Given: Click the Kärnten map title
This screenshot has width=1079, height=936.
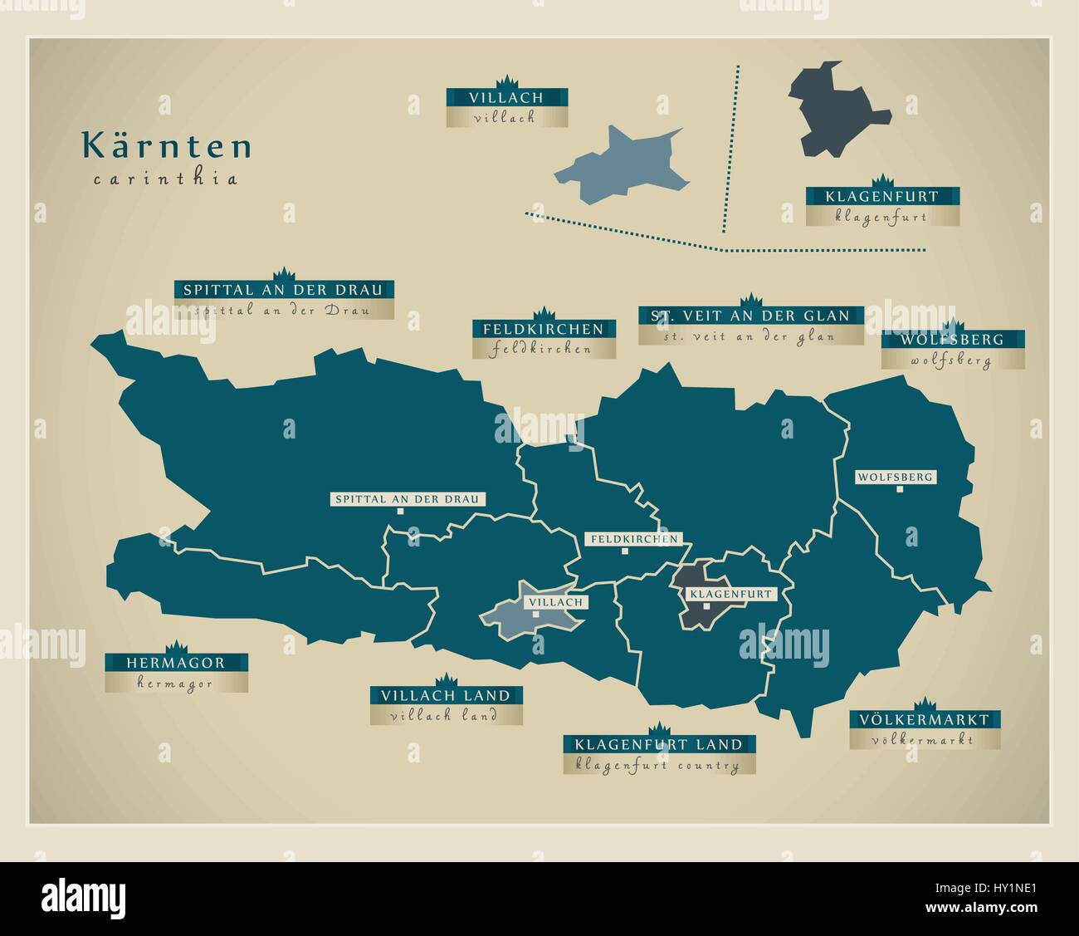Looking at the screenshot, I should tap(166, 146).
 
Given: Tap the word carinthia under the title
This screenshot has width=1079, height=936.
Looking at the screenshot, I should tap(166, 179).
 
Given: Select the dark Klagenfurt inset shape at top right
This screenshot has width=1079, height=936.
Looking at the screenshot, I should tap(834, 108).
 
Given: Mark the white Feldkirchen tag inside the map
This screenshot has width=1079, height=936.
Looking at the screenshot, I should tap(635, 539).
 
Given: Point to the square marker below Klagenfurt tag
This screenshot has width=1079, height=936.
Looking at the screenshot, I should tap(706, 606).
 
